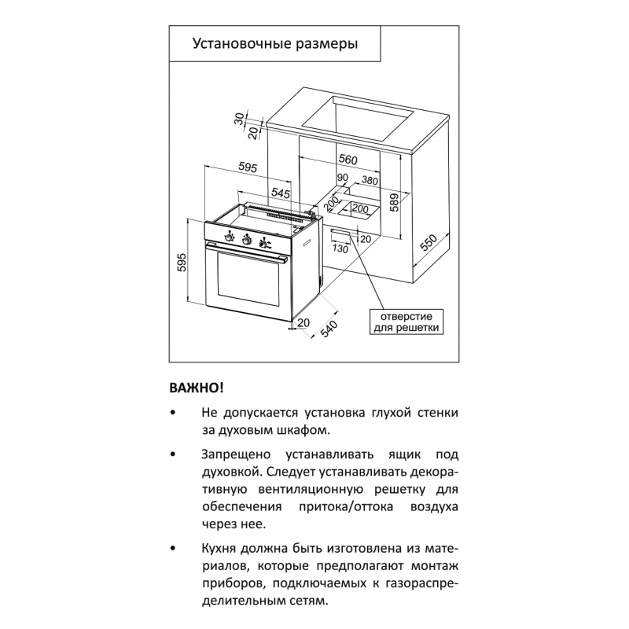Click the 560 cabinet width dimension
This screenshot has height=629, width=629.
(348, 160)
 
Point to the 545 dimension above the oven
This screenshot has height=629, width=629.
(281, 193)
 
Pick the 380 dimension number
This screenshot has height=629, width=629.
(370, 181)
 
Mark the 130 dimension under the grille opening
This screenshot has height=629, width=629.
(340, 249)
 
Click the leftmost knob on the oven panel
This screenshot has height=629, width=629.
(229, 237)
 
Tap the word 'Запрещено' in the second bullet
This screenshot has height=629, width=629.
(236, 454)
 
